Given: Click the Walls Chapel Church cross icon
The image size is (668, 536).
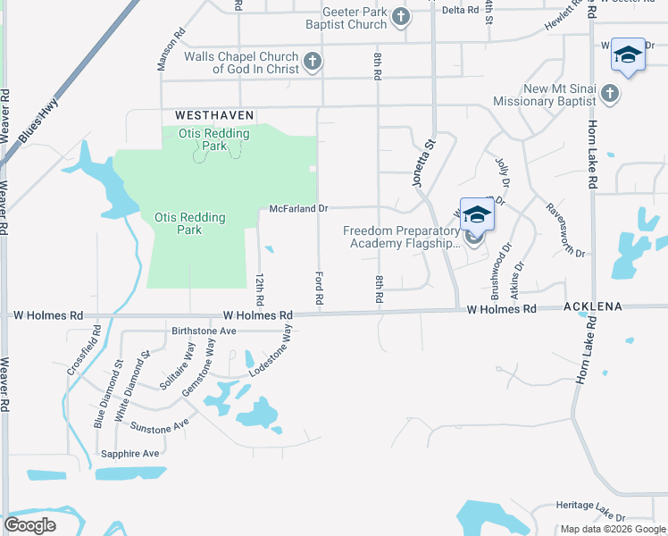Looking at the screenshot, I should coord(312,62).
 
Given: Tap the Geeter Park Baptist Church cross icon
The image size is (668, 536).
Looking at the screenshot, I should coord(401,17).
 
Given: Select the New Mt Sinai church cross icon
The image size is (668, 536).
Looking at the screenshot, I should coord(609,94).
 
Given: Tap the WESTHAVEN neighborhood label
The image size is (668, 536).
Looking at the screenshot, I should coord(215,115).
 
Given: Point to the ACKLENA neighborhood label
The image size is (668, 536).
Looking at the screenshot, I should coord(592,306).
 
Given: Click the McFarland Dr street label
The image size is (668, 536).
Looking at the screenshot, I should coord(299,208).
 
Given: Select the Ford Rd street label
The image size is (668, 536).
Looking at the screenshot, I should coord(318,289).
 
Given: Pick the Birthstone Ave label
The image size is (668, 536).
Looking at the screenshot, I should coord(203,330).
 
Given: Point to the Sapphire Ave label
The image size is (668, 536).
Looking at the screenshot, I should coord(130,453).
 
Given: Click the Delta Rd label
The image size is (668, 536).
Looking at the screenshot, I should coord(461,10).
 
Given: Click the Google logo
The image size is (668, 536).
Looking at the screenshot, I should coord(30,524).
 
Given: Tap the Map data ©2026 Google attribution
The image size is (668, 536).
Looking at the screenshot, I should coord(612,529).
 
